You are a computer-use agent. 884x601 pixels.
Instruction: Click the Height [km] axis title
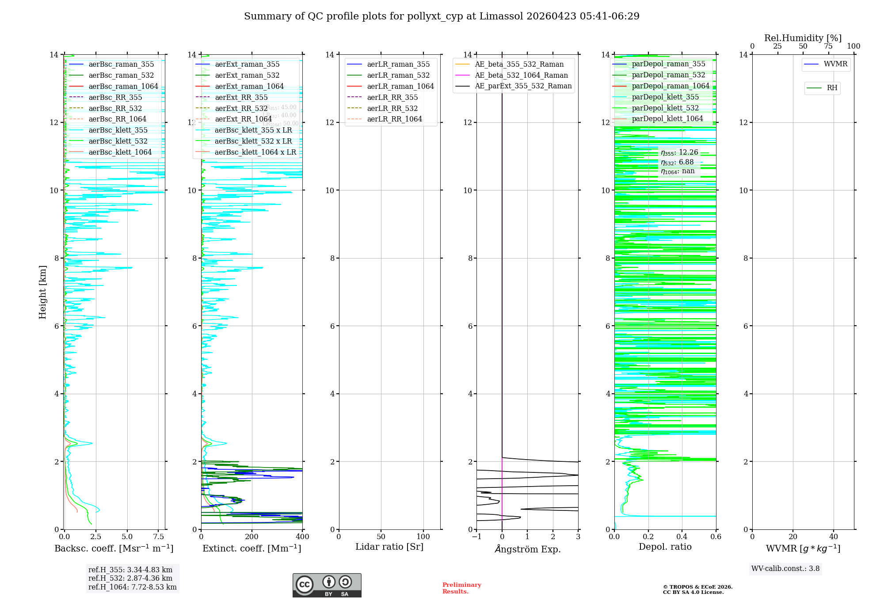click(x=42, y=292)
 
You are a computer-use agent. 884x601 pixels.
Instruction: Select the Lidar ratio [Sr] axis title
click(x=389, y=547)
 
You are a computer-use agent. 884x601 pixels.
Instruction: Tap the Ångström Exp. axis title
click(x=527, y=549)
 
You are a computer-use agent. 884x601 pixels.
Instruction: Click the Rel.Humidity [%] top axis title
click(x=803, y=38)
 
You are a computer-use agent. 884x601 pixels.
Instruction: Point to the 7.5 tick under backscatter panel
click(x=159, y=537)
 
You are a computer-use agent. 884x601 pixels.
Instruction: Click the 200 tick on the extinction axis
click(x=252, y=537)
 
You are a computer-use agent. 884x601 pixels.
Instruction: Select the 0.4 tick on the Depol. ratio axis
click(x=682, y=537)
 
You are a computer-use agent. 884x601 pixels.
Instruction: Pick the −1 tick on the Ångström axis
click(x=476, y=537)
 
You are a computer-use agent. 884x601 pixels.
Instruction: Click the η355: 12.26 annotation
click(x=679, y=152)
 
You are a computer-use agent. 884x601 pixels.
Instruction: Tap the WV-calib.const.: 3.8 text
click(x=785, y=568)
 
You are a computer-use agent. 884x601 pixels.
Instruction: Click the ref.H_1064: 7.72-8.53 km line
click(x=132, y=587)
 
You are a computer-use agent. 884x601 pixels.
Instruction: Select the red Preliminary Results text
click(x=461, y=588)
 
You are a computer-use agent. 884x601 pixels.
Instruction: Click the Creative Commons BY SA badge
click(x=327, y=585)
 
